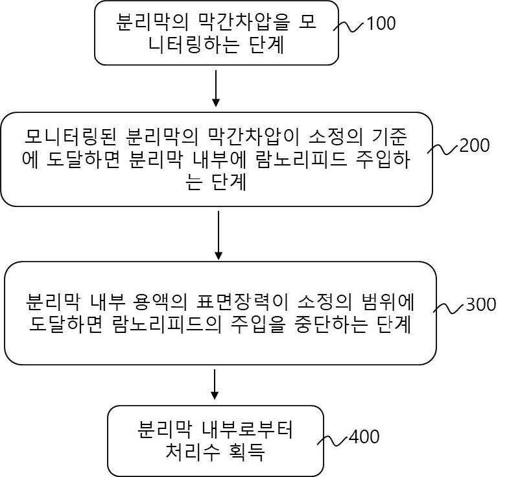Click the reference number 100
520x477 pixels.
click(x=381, y=24)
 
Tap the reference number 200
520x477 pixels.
click(x=474, y=145)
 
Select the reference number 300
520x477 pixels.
click(x=480, y=304)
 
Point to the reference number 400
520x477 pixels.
click(x=364, y=437)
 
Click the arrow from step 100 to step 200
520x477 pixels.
click(x=216, y=88)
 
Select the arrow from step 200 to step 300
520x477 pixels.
click(x=219, y=234)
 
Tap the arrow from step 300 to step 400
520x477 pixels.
click(x=215, y=385)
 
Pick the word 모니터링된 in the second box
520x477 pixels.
click(x=69, y=137)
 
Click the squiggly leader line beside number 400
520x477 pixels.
click(x=332, y=440)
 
